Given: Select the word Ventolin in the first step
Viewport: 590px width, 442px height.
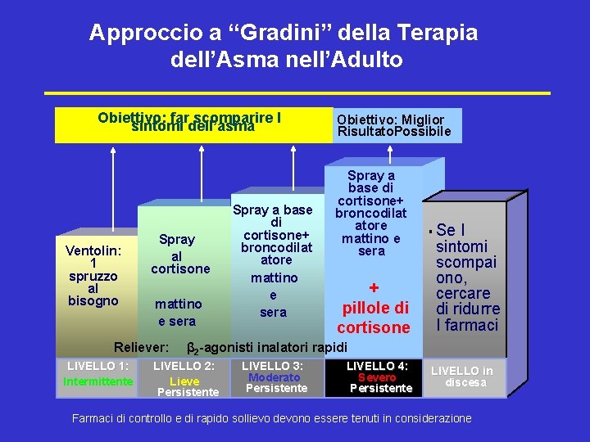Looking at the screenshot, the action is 92,250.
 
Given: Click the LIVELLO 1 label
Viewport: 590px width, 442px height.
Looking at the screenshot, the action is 98,365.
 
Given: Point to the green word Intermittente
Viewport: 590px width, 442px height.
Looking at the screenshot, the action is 98,381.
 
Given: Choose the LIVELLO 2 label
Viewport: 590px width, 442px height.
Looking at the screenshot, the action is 184,366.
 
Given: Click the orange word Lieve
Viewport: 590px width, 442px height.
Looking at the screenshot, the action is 184,381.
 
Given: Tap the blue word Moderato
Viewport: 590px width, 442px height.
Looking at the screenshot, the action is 275,377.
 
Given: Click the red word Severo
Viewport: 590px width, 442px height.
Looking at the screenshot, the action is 377,377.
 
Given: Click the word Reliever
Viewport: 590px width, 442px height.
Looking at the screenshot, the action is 141,346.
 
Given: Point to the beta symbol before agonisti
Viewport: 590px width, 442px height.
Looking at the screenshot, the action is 193,346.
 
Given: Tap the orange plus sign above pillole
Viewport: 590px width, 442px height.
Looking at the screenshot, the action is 373,288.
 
